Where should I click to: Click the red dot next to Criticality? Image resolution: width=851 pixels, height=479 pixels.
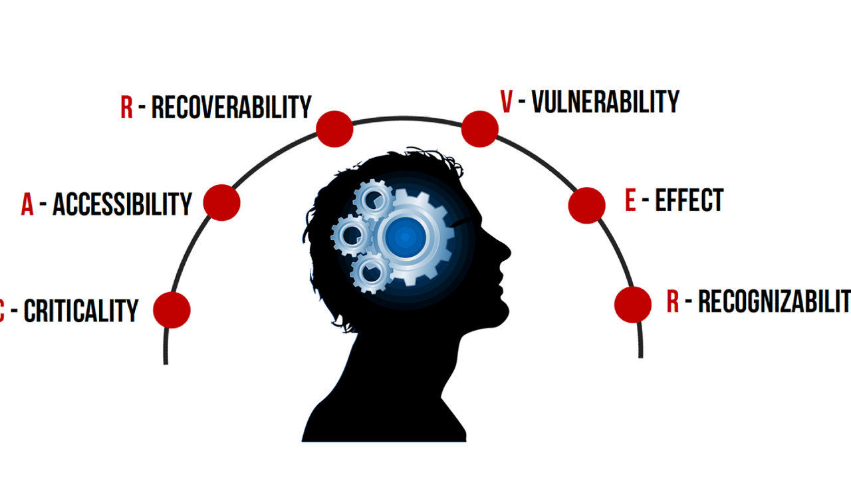(172, 309)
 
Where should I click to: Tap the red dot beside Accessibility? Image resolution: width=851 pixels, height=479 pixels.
(221, 202)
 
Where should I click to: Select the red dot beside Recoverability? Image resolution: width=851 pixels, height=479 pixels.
(334, 128)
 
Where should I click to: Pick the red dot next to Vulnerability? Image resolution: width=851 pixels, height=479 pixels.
(479, 128)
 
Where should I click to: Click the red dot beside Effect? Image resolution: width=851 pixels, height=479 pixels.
(586, 205)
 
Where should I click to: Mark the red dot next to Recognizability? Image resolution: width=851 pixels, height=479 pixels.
(633, 305)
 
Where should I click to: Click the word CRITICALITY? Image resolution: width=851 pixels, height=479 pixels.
(81, 311)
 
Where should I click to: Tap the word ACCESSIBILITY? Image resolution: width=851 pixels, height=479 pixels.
(122, 204)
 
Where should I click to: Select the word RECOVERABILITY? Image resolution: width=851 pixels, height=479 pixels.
(231, 107)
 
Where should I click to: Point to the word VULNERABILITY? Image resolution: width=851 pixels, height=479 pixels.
(606, 102)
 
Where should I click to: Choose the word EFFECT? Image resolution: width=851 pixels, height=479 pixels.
(689, 200)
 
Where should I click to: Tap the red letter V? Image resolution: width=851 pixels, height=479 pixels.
(507, 102)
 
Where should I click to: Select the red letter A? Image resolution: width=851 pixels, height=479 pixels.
(27, 205)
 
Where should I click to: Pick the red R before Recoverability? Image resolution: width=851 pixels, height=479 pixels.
(126, 108)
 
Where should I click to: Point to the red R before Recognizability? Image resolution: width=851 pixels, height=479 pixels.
(673, 302)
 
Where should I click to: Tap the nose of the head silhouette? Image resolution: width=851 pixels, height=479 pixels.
(507, 251)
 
